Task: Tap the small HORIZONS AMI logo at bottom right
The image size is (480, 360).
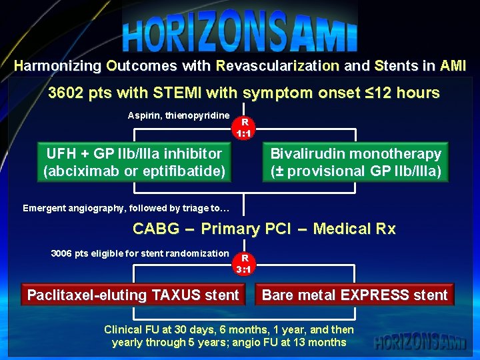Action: [420, 342]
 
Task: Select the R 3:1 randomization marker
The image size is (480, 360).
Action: [245, 264]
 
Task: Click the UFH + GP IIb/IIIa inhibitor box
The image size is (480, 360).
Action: [134, 163]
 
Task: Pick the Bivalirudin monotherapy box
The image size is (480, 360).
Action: [355, 163]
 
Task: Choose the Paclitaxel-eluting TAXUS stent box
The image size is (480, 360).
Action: [133, 295]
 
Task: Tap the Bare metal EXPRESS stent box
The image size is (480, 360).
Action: [355, 295]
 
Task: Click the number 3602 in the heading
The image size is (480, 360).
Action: [67, 93]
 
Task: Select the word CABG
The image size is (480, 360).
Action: [156, 229]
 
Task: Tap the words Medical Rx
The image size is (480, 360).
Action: [354, 229]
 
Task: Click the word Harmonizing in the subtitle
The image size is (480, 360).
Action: [57, 66]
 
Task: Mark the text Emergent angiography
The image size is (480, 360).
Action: [64, 208]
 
